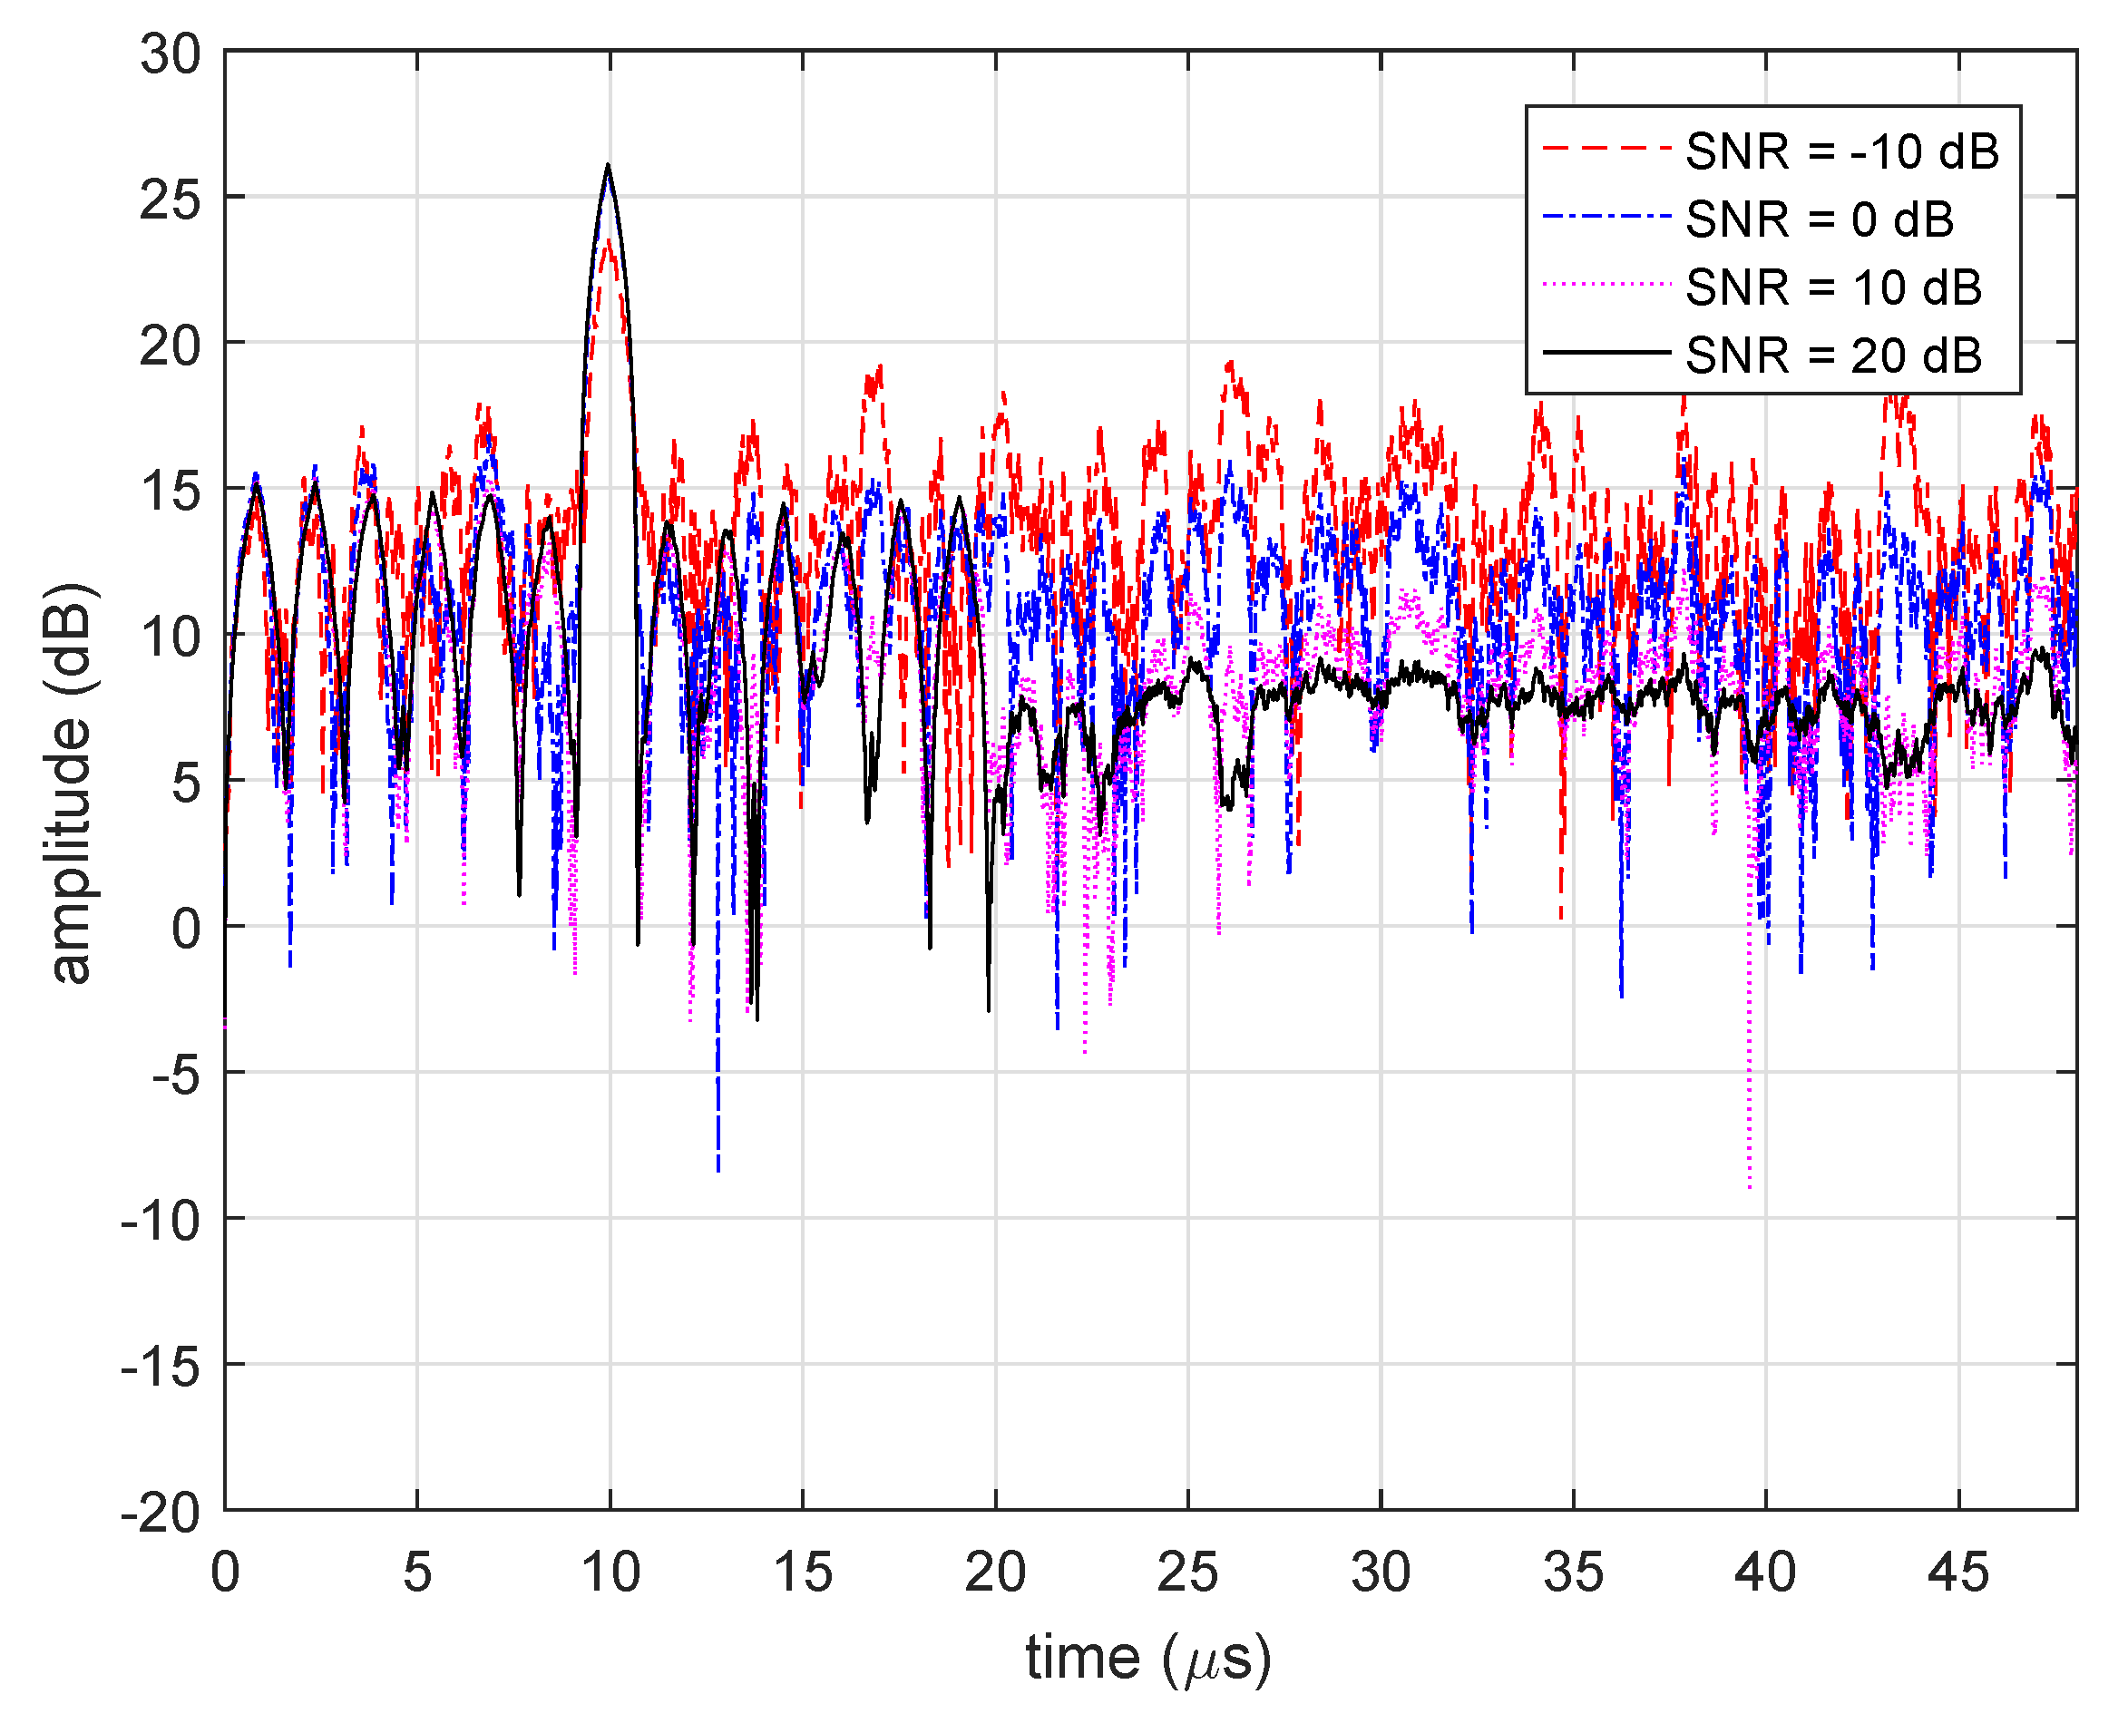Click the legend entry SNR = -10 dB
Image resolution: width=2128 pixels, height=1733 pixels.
tap(1841, 152)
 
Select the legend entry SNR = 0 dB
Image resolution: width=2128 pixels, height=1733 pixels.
tap(1819, 220)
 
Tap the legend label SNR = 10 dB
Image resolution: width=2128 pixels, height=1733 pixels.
tap(1832, 288)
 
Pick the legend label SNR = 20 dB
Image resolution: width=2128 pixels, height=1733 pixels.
tap(1832, 356)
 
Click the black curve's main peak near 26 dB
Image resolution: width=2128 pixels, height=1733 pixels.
tap(607, 166)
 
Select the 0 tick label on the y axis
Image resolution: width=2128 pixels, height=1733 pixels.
tap(186, 930)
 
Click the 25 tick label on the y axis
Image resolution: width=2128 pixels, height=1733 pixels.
tap(170, 200)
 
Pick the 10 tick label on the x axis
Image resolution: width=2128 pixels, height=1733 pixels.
tap(610, 1573)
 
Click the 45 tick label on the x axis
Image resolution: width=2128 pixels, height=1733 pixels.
tap(1957, 1573)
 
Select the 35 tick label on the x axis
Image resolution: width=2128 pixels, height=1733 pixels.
tap(1573, 1573)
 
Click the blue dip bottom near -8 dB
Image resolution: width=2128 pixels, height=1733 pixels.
tap(717, 1168)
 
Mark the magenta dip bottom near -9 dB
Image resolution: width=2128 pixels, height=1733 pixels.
tap(1750, 1186)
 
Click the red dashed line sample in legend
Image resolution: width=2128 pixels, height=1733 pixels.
tap(1606, 149)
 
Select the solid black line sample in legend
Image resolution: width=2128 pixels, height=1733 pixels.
tap(1606, 353)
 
